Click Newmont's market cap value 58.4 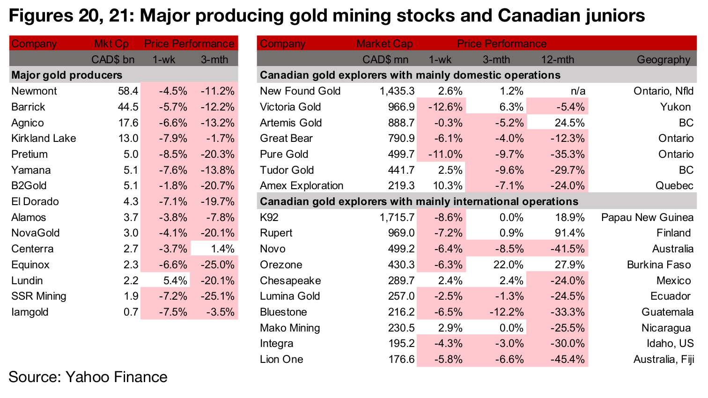(128, 91)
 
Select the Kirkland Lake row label (44, 138)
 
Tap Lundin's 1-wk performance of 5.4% (173, 280)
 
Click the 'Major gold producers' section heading (66, 75)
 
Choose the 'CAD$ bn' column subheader (112, 59)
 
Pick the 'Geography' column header (663, 59)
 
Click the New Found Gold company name (300, 91)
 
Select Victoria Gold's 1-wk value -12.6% (445, 107)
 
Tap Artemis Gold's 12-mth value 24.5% (569, 123)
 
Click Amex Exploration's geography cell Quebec (674, 185)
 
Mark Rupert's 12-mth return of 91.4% (569, 233)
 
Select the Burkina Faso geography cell (659, 265)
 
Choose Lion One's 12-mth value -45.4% (567, 359)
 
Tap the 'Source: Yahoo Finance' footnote (88, 377)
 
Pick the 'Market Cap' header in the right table (384, 44)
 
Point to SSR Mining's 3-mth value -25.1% (217, 296)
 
